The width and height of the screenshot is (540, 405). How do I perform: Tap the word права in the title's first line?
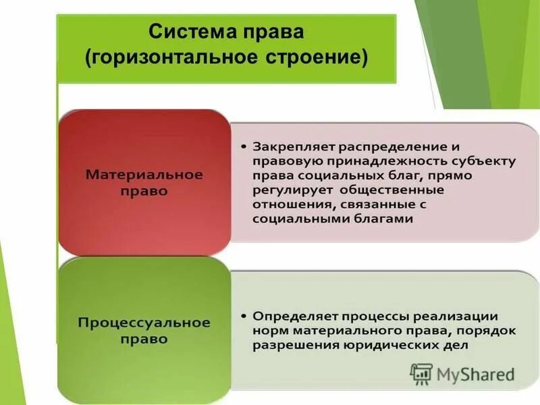269,32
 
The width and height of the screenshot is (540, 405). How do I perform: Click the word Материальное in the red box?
144,175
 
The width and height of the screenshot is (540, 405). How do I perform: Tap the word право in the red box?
144,191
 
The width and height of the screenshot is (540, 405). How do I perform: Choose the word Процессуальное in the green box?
144,323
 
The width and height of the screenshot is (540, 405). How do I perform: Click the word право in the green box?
144,339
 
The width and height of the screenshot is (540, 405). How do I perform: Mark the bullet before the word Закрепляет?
243,146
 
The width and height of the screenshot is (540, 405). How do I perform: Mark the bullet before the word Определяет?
243,316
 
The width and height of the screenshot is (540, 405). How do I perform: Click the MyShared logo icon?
421,373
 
